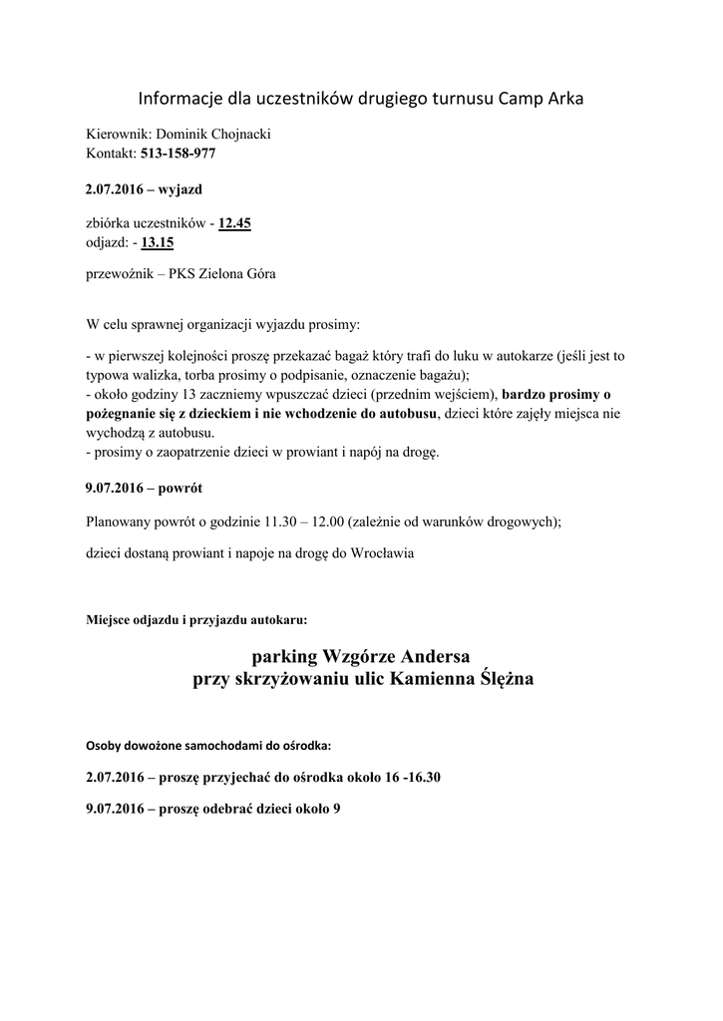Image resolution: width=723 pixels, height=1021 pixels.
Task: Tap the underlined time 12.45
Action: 234,224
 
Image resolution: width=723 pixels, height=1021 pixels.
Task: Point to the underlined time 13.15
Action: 158,242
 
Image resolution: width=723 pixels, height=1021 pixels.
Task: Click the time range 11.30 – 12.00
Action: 303,521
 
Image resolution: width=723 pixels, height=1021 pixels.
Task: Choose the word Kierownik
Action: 115,135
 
